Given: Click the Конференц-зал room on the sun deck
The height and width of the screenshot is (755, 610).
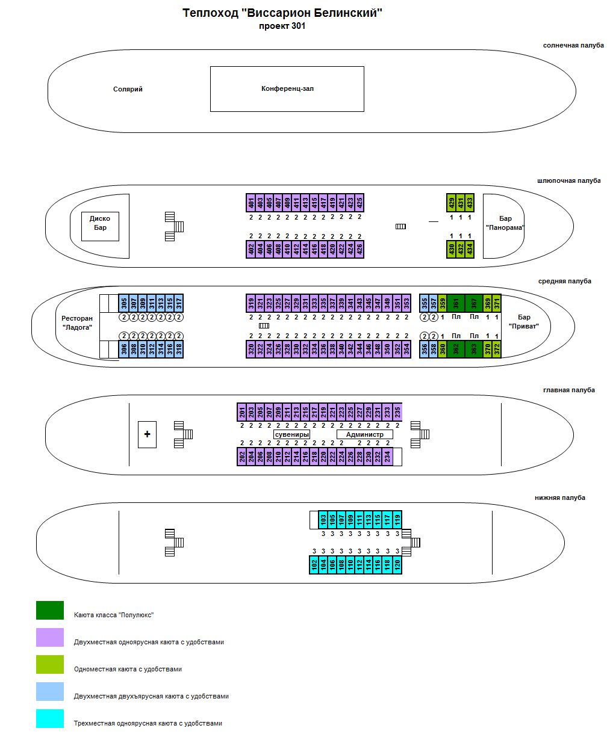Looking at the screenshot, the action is (x=287, y=88).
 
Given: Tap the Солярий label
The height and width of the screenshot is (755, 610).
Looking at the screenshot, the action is (x=128, y=89).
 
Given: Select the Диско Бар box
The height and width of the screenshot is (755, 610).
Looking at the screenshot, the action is (x=100, y=226).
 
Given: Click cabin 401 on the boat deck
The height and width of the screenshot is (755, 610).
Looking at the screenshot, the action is (x=251, y=203).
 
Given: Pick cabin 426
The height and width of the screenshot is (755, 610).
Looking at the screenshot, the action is (x=359, y=249).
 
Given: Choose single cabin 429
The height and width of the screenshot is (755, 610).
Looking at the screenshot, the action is (x=452, y=203).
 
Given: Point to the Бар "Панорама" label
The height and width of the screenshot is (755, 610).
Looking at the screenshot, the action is (x=505, y=223).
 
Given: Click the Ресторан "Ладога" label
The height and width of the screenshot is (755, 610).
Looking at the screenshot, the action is (x=77, y=322).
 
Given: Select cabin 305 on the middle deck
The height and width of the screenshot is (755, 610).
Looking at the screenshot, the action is (x=123, y=303).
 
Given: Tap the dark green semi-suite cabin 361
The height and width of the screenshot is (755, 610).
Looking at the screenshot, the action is (x=456, y=303).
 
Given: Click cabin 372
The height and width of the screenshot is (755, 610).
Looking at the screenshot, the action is (x=496, y=349).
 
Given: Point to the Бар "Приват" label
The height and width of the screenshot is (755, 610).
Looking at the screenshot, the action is (x=524, y=321).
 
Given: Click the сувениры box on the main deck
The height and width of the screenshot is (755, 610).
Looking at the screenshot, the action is (x=291, y=434).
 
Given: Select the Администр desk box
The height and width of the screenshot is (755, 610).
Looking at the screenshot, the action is (x=365, y=434).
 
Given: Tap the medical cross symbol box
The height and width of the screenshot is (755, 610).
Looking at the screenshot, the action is (x=147, y=434).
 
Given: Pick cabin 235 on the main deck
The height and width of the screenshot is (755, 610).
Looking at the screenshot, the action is (x=397, y=412).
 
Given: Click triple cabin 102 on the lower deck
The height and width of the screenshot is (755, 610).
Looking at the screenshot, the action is (x=314, y=564).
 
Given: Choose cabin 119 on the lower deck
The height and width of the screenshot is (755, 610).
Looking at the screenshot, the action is (x=397, y=520).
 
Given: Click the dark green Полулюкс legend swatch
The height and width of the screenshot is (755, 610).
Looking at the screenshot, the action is (x=50, y=610).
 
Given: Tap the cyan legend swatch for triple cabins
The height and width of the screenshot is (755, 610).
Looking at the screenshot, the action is (x=50, y=718).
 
